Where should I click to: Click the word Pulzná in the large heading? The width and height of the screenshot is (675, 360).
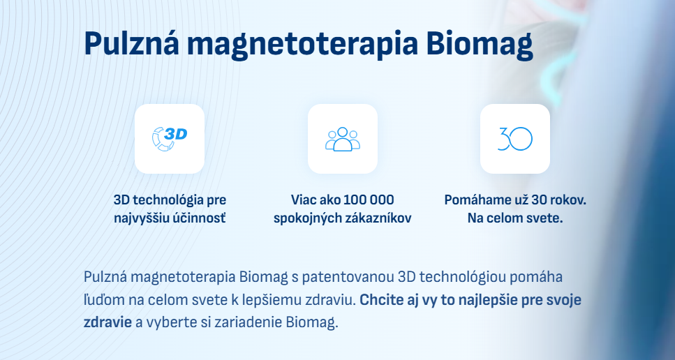point(132,43)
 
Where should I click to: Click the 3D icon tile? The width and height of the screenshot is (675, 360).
point(170,139)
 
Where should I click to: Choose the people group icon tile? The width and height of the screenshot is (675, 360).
point(343,139)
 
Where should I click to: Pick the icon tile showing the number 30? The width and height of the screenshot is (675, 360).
point(515,139)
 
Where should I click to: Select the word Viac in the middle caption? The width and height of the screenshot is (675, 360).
point(302,200)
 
